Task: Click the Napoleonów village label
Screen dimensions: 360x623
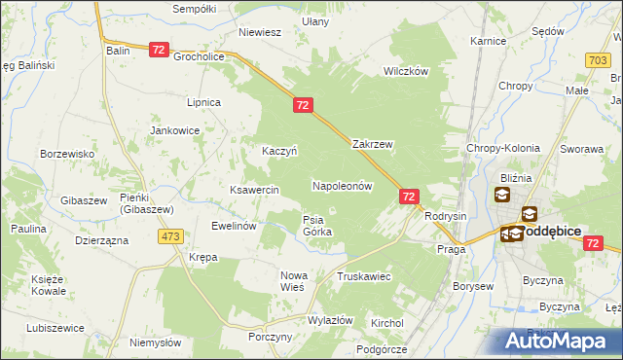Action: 342,185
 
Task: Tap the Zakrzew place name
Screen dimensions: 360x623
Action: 372,144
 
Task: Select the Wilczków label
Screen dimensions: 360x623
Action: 406,72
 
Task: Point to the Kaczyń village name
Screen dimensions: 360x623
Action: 279,151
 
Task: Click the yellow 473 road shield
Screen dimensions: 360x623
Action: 172,236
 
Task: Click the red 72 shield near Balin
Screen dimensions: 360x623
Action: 161,50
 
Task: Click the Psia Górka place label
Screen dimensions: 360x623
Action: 317,226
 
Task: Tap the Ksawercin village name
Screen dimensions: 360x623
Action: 255,190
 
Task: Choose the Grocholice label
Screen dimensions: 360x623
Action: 200,56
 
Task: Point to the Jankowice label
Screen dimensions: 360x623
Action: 174,129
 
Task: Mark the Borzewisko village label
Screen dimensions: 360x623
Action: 66,154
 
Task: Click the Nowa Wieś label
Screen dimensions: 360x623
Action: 292,281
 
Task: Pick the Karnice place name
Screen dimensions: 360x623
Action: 488,42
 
